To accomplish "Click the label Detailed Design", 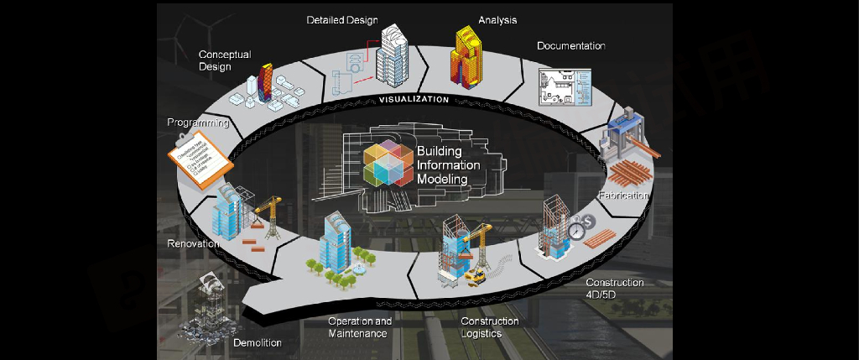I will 342,19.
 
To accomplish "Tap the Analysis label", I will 497,19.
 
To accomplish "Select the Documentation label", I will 571,45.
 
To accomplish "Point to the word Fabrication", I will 624,196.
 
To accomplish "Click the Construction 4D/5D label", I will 614,289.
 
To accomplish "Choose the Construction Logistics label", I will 490,327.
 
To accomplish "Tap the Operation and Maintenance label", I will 359,327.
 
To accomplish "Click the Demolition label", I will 257,342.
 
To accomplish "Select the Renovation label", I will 194,243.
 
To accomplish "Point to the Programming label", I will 198,123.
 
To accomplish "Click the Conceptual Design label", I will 224,60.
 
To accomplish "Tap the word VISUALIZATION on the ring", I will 414,99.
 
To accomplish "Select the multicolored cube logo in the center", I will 387,164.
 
